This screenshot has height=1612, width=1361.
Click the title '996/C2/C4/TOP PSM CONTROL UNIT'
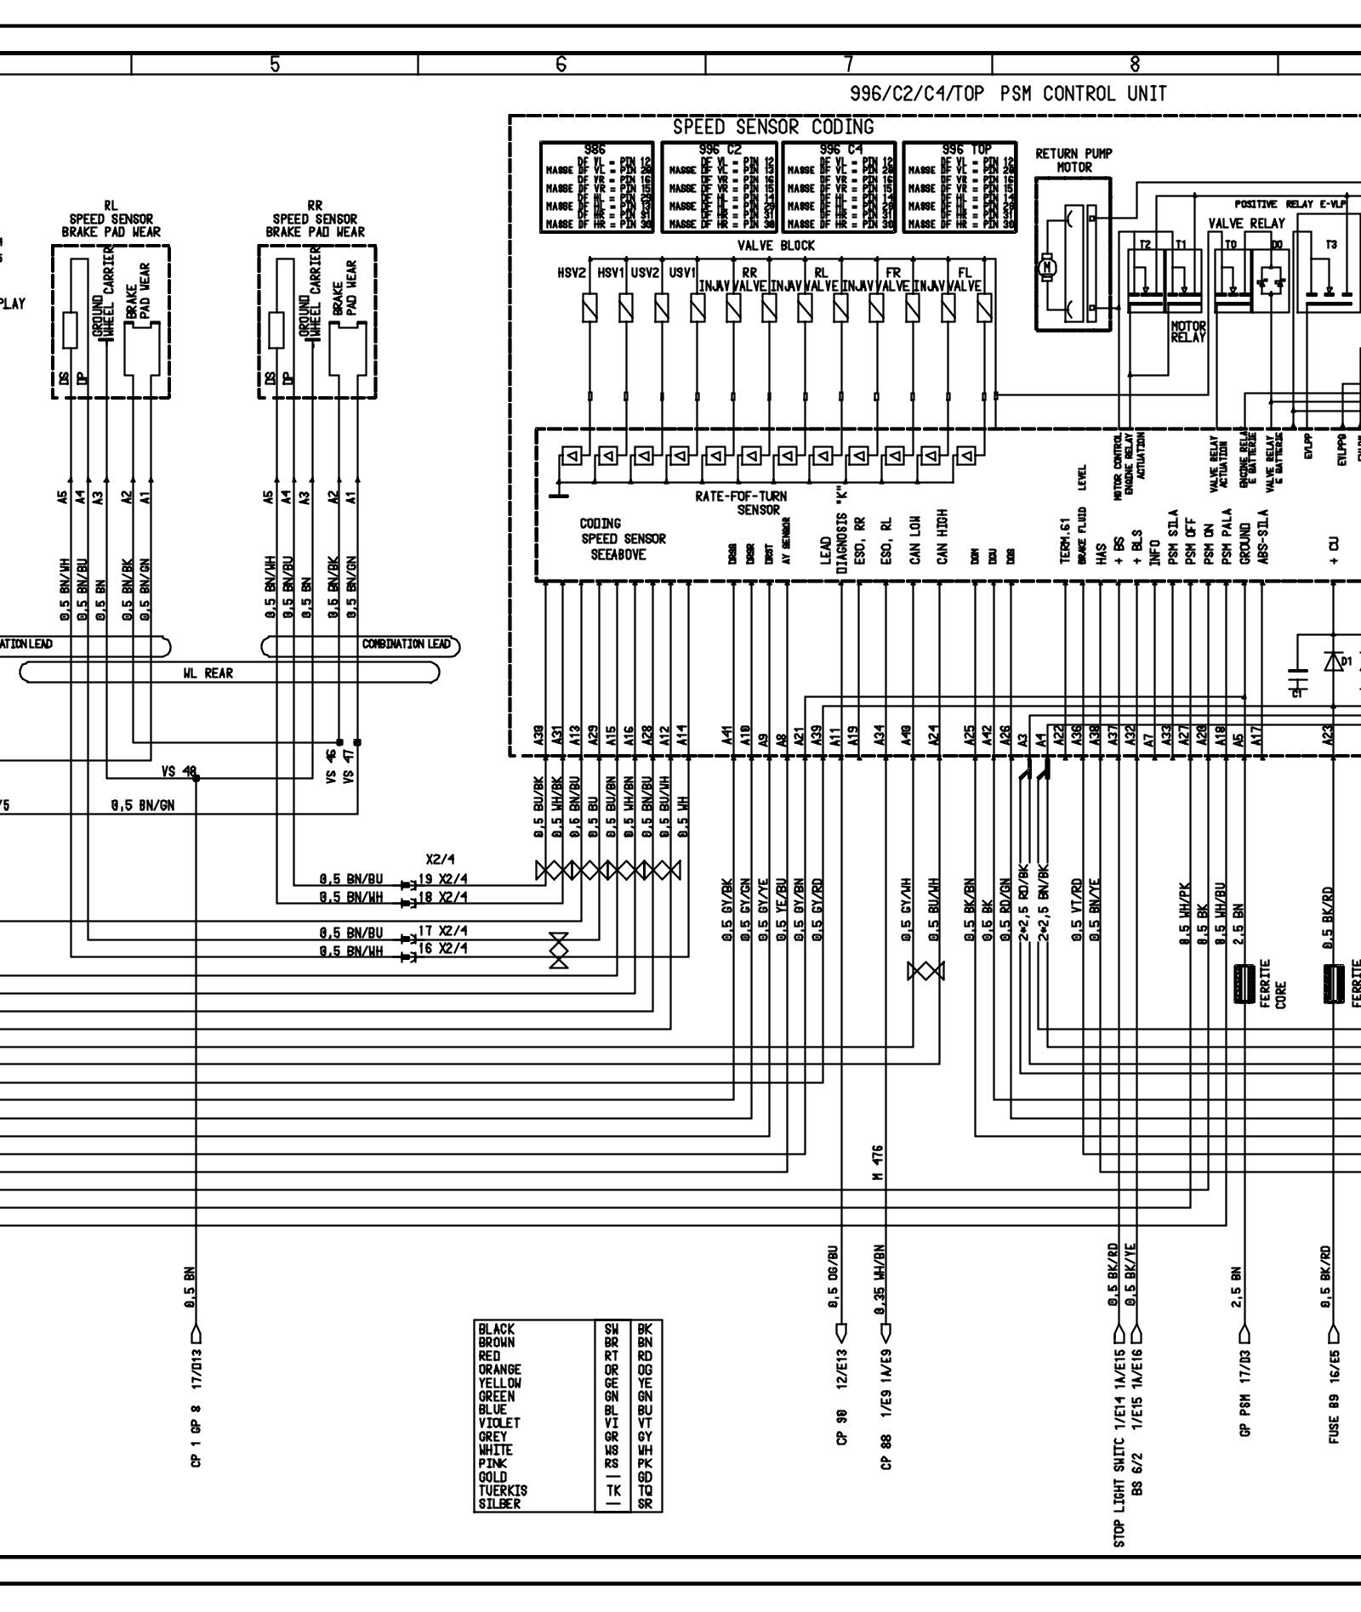pos(1008,94)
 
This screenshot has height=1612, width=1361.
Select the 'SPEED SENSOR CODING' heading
pos(772,128)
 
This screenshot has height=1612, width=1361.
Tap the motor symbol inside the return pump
pos(1047,269)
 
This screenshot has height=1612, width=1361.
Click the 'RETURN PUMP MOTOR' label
pos(1073,160)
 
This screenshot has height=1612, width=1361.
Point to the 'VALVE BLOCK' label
pos(775,246)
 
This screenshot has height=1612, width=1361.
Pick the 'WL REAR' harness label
pos(208,673)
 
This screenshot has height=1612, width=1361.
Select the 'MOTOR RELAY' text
pos(1188,332)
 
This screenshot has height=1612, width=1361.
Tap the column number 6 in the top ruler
pos(561,64)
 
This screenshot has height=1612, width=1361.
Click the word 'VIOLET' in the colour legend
pos(499,1422)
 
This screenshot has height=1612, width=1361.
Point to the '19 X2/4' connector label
pos(442,880)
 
